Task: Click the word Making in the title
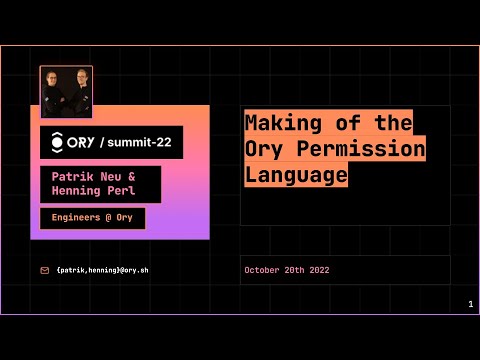coord(273,124)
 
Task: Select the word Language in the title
coord(296,174)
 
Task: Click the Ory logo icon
coord(57,142)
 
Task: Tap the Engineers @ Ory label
coord(92,218)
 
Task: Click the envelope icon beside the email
coord(45,270)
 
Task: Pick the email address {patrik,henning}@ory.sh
coord(104,270)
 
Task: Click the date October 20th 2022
coord(286,270)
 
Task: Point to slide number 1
coord(470,304)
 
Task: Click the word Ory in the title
coord(263,149)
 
